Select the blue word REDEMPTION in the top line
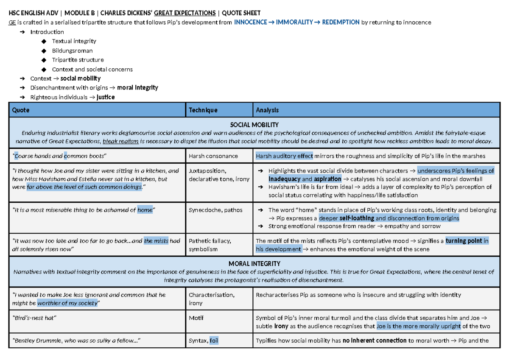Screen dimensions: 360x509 click(341, 22)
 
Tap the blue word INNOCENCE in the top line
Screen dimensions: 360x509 click(250, 22)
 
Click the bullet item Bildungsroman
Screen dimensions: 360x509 click(72, 50)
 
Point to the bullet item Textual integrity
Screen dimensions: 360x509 click(74, 41)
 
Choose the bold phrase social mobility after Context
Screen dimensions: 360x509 click(81, 78)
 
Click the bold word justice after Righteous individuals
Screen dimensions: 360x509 click(106, 97)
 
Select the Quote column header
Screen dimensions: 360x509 click(21, 110)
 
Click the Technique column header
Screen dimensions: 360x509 click(203, 110)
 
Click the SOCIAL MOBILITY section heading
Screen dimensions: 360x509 click(254, 125)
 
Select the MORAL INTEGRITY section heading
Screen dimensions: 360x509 click(254, 264)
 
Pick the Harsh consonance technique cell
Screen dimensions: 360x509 click(213, 156)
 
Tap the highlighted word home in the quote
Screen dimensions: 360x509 click(145, 210)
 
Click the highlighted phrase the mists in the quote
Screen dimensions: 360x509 click(156, 241)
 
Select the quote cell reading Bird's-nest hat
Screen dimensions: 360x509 click(35, 318)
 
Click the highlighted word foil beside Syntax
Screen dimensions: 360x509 click(214, 340)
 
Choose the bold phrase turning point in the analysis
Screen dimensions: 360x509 click(464, 241)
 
